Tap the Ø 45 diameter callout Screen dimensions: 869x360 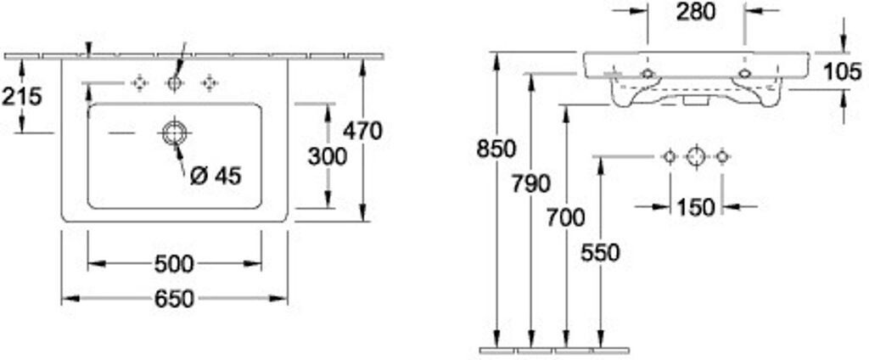[x=216, y=176]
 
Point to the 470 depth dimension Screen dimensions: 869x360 [x=363, y=131]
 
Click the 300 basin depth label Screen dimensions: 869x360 [x=327, y=156]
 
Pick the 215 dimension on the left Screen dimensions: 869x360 [x=21, y=97]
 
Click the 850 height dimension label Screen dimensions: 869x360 [x=496, y=149]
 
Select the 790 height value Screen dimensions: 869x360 [x=531, y=183]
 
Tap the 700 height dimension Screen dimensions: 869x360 [x=566, y=217]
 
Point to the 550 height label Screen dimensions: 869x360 [x=601, y=252]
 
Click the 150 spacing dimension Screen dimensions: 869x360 [x=696, y=207]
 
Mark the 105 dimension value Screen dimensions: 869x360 [x=842, y=72]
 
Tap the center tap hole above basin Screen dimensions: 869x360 [x=175, y=82]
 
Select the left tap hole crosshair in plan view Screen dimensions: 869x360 [x=140, y=82]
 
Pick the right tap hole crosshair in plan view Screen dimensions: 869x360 [x=210, y=82]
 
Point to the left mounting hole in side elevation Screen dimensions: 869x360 [x=648, y=74]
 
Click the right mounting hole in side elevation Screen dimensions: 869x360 [x=744, y=74]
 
